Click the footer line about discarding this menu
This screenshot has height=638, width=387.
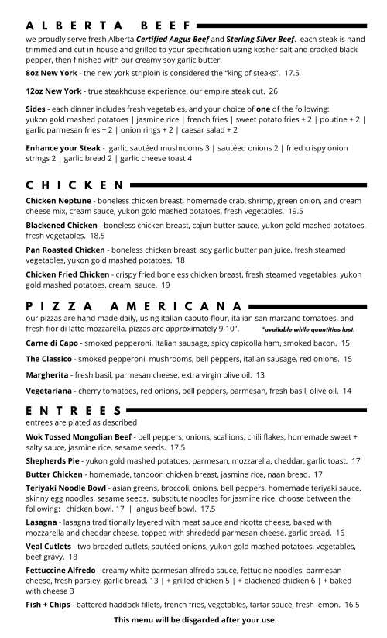pos(194,620)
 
